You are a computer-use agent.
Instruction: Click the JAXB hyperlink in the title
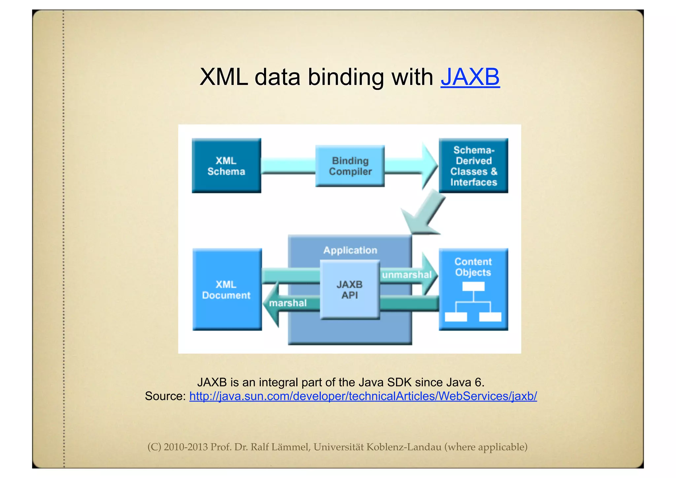470,77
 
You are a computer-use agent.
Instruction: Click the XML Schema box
226,166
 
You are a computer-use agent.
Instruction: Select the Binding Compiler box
350,166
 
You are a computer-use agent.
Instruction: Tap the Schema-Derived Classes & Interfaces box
473,166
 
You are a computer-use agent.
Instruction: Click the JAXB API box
350,290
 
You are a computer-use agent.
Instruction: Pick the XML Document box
227,290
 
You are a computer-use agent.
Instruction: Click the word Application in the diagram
350,250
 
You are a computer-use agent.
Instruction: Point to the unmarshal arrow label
407,275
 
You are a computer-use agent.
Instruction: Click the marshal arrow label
288,303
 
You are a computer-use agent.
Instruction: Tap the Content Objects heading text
473,267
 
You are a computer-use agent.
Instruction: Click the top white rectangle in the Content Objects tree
473,286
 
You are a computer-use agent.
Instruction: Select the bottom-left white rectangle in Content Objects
456,317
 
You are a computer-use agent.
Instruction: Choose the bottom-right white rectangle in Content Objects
490,317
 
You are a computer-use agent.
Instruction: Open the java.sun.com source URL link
363,396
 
